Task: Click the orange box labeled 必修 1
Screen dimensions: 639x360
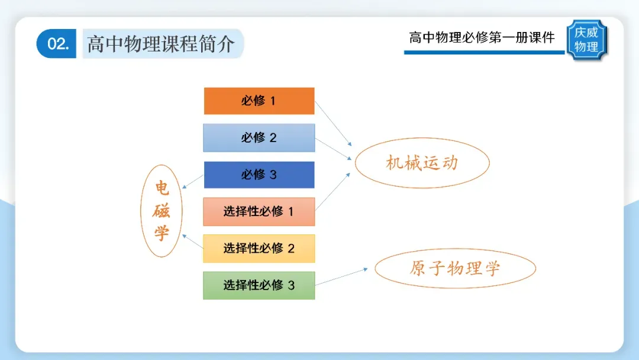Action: pyautogui.click(x=259, y=101)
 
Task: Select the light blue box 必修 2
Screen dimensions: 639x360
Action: pyautogui.click(x=259, y=138)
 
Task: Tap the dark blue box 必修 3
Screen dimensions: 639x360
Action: pyautogui.click(x=259, y=175)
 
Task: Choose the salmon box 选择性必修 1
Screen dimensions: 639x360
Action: pyautogui.click(x=259, y=211)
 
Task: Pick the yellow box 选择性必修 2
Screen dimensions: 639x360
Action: pyautogui.click(x=259, y=248)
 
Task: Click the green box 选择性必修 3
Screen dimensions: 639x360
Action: pyautogui.click(x=259, y=285)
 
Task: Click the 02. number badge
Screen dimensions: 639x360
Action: pyautogui.click(x=56, y=44)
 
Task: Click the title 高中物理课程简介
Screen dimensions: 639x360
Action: pyautogui.click(x=161, y=44)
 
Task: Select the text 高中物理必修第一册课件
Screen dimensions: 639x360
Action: pyautogui.click(x=482, y=37)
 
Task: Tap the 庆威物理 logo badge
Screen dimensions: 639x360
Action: pyautogui.click(x=586, y=40)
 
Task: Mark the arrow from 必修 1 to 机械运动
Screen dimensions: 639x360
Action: pyautogui.click(x=333, y=124)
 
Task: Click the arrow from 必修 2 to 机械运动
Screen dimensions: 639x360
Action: pyautogui.click(x=333, y=149)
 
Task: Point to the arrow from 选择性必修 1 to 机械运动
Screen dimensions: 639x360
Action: pyautogui.click(x=333, y=192)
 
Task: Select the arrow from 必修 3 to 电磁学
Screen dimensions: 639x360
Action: pyautogui.click(x=193, y=182)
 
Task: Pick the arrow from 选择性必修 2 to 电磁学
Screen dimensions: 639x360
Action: pyautogui.click(x=193, y=242)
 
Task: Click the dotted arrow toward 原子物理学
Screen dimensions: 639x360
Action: pyautogui.click(x=341, y=277)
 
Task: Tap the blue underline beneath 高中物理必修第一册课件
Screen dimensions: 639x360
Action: pyautogui.click(x=484, y=52)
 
